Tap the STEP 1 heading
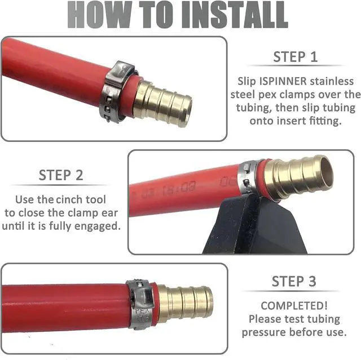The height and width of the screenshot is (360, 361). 296,57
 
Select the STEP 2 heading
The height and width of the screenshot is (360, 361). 61,175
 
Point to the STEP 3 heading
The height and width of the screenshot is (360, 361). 294,281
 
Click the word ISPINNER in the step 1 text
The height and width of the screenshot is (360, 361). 283,81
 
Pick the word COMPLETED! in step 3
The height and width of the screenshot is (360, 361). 294,305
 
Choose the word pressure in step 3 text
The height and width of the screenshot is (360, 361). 265,332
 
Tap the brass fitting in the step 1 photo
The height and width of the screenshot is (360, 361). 163,103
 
